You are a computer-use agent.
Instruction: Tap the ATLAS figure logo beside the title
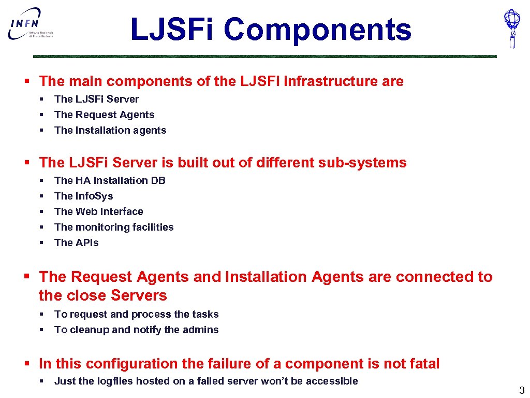[x=512, y=28]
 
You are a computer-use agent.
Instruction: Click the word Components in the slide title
[x=317, y=30]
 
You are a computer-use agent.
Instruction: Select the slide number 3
[x=522, y=391]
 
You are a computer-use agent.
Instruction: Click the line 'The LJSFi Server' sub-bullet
[x=96, y=99]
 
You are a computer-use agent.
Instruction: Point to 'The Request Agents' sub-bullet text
[x=104, y=115]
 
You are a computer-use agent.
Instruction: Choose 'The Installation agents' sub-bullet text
[x=110, y=130]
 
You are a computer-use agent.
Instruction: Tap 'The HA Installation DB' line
[x=110, y=180]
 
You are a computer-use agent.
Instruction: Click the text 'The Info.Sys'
[x=83, y=196]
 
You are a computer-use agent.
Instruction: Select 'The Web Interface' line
[x=98, y=211]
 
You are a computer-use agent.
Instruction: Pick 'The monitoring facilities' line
[x=114, y=227]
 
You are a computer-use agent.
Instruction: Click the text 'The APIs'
[x=76, y=243]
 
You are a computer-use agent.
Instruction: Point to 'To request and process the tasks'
[x=136, y=314]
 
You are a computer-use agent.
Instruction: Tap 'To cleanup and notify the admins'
[x=136, y=330]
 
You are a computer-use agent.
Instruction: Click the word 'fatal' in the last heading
[x=422, y=364]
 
